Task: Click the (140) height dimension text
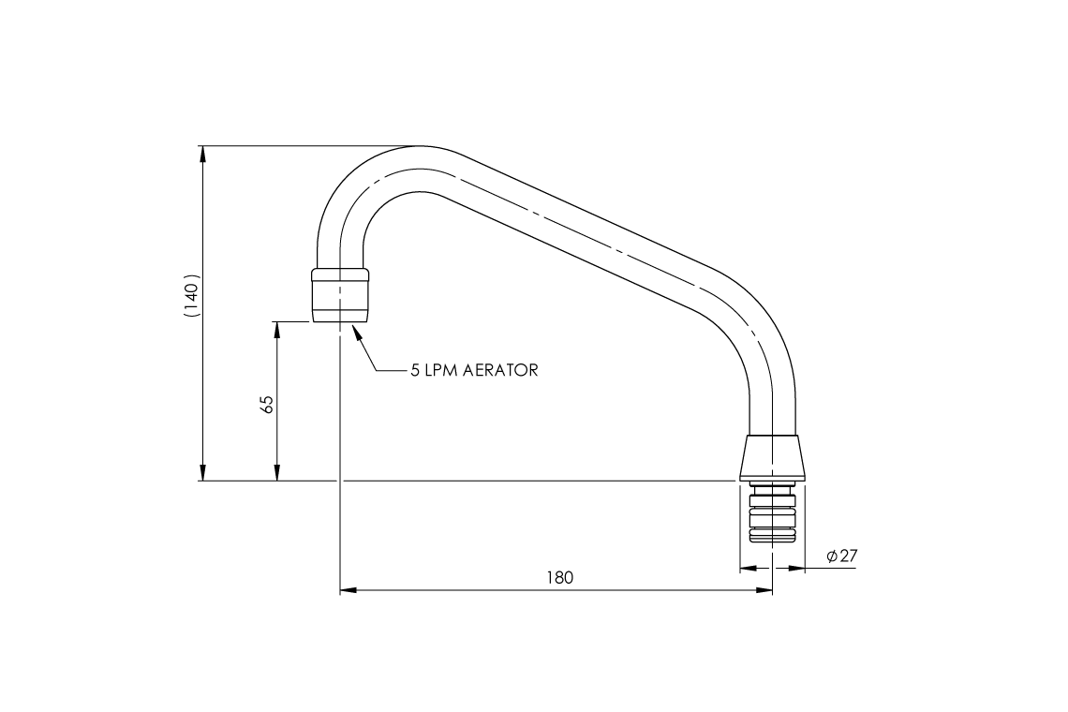(x=191, y=298)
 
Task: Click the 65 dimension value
(x=267, y=405)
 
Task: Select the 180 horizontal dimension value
(x=559, y=578)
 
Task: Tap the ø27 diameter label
(x=842, y=556)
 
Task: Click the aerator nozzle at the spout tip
(x=339, y=295)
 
